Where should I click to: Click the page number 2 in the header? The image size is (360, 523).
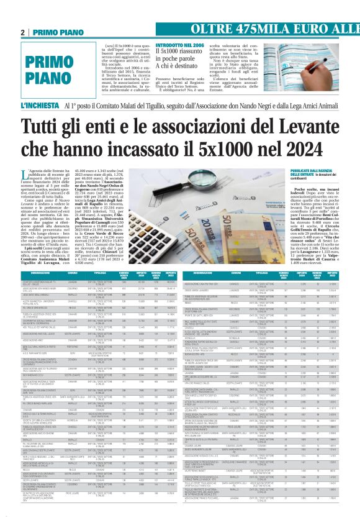point(23,32)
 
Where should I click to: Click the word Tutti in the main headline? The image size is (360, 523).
point(50,129)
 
